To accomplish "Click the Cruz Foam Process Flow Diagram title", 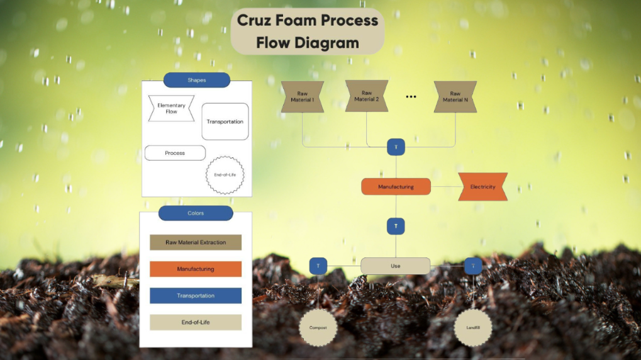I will coord(307,31).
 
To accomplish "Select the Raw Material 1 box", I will coord(302,97).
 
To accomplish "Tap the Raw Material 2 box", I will coord(367,96).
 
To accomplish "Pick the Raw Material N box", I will coord(455,97).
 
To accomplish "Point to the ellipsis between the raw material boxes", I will coord(411,97).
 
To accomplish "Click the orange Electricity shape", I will coord(482,187).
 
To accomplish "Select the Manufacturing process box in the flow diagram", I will coord(396,187).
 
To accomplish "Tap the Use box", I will coord(395,266).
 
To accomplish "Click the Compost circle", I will coord(318,327).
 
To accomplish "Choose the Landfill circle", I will coord(472,327).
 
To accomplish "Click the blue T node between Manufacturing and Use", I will coord(396,226).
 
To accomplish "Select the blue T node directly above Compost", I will coord(318,266).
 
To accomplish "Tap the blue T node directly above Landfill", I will coord(473,266).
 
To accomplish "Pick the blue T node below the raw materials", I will coord(396,147).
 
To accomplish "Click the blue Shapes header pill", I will coord(197,80).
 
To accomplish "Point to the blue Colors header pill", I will coord(196,213).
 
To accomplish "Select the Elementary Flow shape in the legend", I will coord(171,108).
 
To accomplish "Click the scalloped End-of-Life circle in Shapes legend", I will coord(225,174).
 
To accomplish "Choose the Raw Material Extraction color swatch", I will coord(196,242).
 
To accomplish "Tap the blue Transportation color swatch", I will coord(196,296).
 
